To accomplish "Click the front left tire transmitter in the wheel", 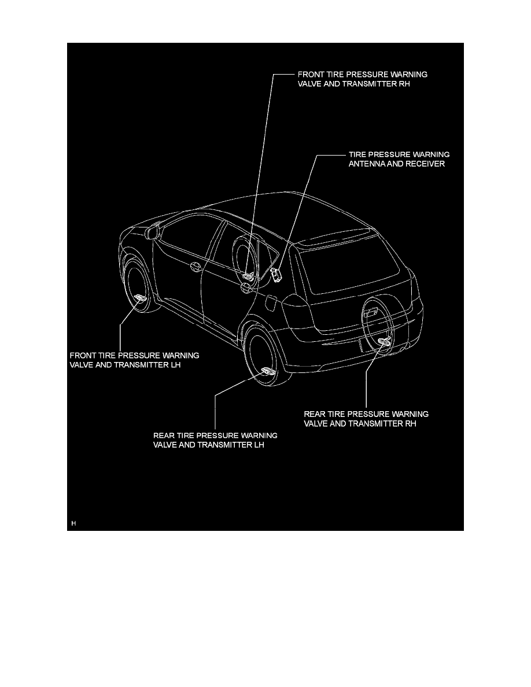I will pos(141,298).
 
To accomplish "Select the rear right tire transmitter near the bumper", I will pos(384,342).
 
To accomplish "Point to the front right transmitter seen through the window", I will pos(249,276).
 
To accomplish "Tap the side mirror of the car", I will pos(153,232).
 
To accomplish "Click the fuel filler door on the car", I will pos(269,301).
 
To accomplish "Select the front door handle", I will pos(196,267).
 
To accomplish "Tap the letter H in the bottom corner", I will pos(73,523).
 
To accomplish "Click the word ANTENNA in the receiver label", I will pos(368,164).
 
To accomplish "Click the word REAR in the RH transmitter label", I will pos(315,414).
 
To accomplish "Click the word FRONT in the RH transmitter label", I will pos(311,75).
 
